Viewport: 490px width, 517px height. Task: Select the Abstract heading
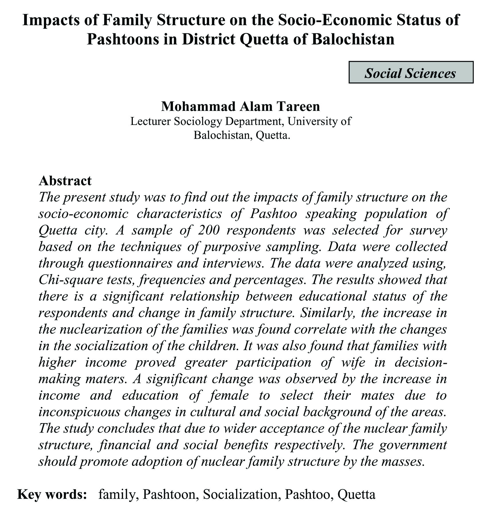65,181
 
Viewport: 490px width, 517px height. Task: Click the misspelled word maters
108,379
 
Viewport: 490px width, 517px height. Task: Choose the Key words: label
52,494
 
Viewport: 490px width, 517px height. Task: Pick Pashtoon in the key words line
170,494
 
